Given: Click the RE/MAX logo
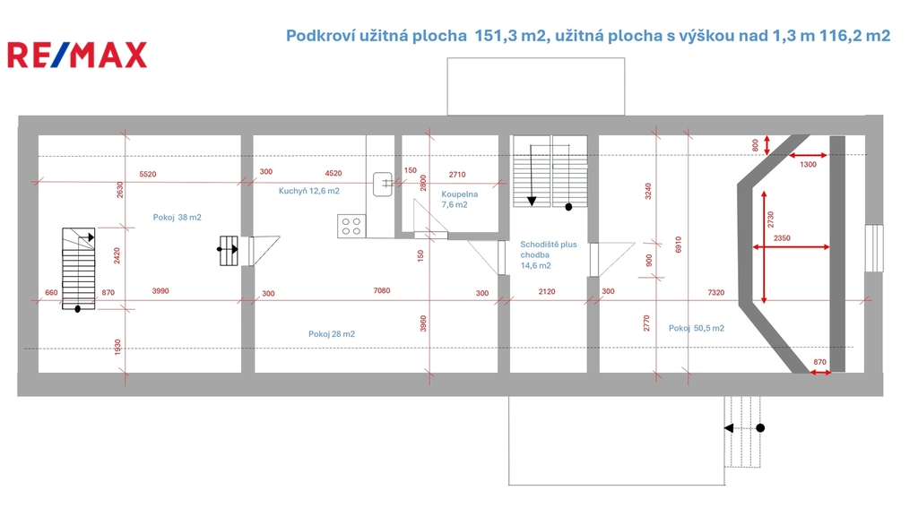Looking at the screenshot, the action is point(77,55).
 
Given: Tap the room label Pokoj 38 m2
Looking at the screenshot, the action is point(177,217).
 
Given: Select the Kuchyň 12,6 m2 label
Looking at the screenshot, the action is point(308,191).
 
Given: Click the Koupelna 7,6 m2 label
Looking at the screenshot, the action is point(460,199).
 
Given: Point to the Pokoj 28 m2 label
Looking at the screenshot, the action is point(332,333).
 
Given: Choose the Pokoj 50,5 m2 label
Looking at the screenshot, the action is point(696,328).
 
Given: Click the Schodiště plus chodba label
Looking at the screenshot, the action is point(549,249).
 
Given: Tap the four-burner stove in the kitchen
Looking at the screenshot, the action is point(351,227).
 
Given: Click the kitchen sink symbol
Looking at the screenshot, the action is point(383,184).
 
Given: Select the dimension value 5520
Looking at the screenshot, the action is point(148,175).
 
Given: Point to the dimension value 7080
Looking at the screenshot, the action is point(382,290).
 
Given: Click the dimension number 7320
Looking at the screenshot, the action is point(716,292).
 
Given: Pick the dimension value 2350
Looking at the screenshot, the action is point(782,238).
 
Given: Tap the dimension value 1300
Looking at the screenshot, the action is point(808,165).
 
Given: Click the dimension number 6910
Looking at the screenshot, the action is point(678,245).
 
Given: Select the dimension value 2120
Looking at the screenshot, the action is point(546,291).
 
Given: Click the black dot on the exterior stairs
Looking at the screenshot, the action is point(760,428).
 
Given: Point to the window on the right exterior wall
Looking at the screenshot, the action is point(873,248).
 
